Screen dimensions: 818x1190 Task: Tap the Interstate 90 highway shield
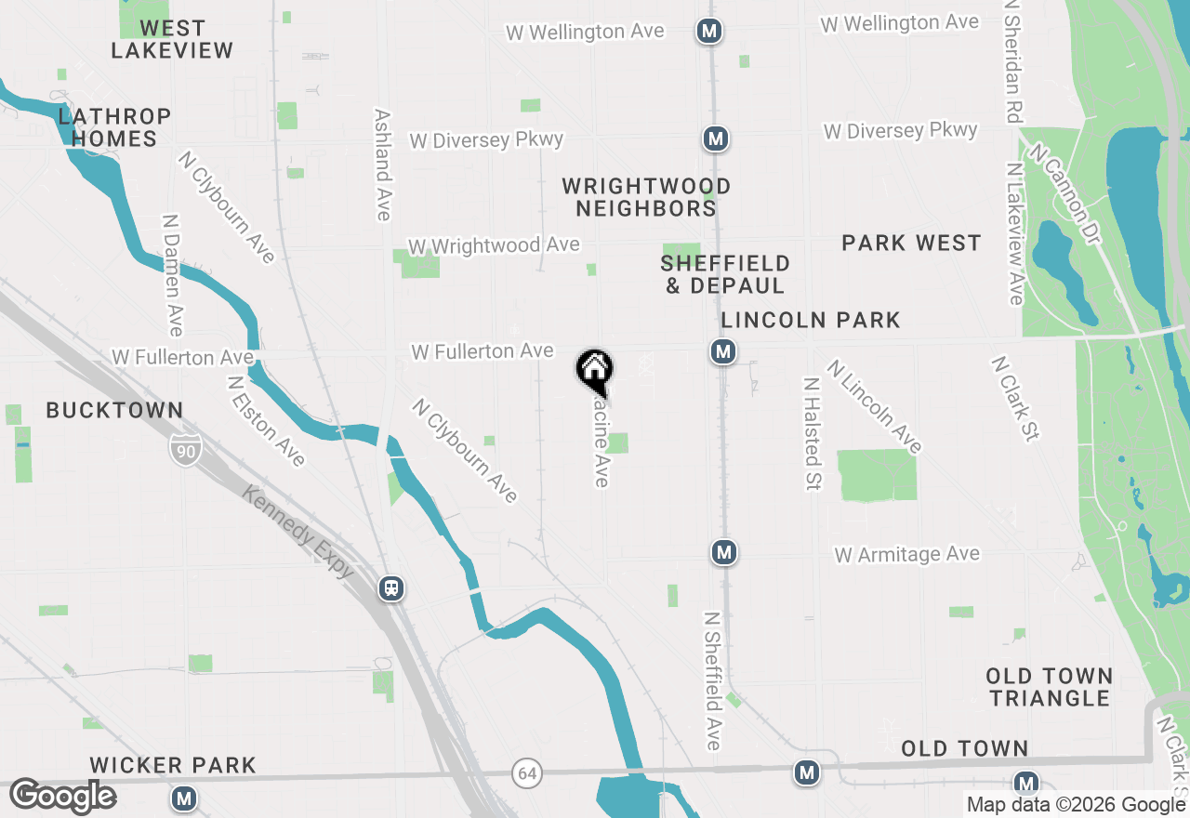(186, 453)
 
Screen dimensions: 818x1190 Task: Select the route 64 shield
(527, 772)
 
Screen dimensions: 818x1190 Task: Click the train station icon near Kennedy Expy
(391, 587)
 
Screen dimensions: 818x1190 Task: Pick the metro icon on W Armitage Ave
(724, 553)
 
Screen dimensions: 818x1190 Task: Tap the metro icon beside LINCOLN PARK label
(723, 351)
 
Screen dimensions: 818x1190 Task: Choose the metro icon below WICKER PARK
(184, 798)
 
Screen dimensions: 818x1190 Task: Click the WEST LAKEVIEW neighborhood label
(172, 40)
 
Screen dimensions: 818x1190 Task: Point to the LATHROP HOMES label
(114, 127)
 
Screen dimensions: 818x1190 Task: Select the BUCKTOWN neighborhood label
(114, 410)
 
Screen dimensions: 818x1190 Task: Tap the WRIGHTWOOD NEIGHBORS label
(646, 197)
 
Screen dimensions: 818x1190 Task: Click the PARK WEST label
(911, 244)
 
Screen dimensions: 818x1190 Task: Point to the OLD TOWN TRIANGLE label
(1050, 687)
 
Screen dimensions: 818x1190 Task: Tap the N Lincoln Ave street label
(874, 406)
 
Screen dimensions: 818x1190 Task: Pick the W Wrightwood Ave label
(494, 246)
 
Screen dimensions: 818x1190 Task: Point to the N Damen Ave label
(173, 275)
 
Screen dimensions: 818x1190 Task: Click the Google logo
(62, 797)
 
